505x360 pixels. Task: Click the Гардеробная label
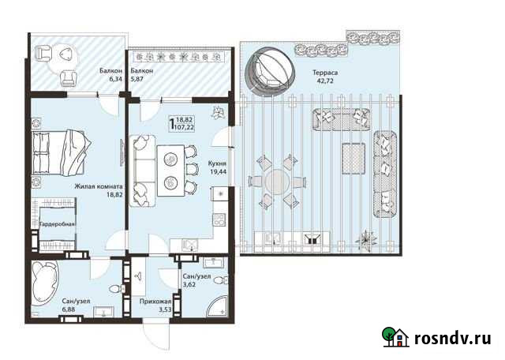(x=57, y=224)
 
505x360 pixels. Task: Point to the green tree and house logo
(x=395, y=337)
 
